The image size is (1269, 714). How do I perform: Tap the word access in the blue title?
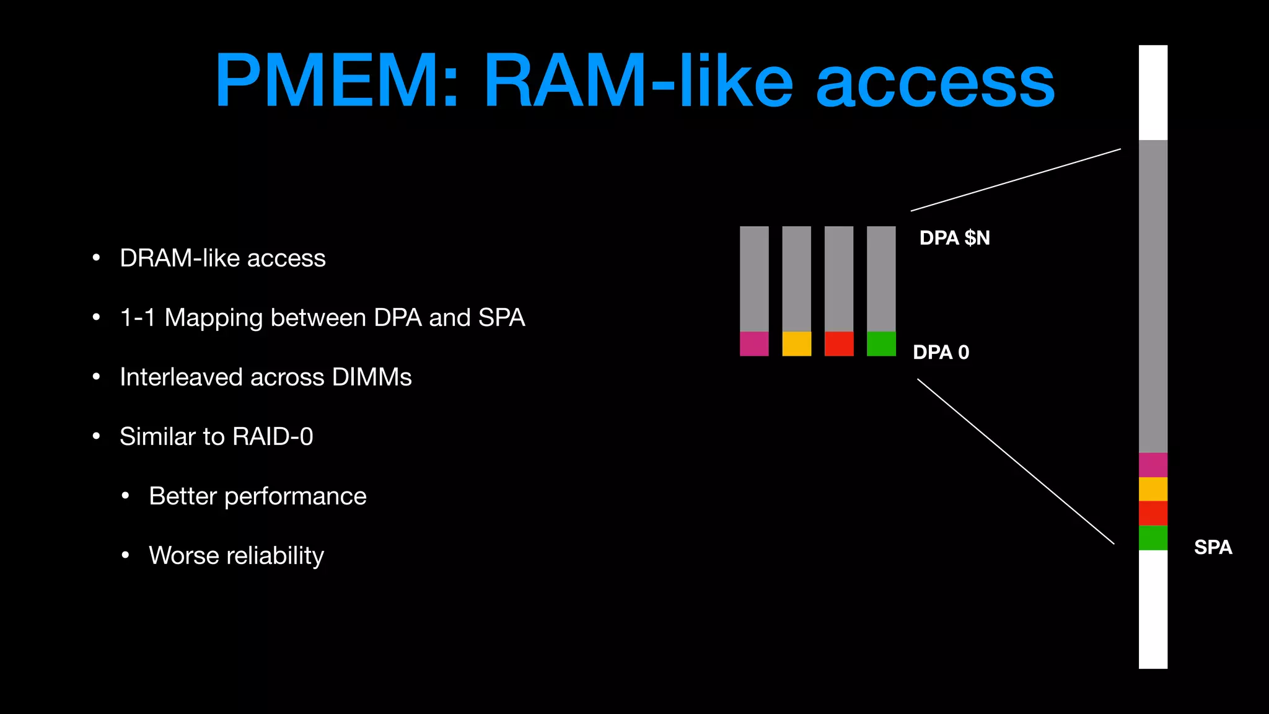click(x=935, y=83)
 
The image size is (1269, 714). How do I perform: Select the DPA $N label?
click(x=954, y=238)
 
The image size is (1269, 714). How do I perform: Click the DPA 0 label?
click(x=941, y=353)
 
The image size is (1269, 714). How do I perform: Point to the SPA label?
click(x=1213, y=547)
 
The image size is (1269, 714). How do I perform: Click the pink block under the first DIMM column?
click(x=754, y=344)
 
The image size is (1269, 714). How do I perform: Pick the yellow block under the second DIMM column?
click(x=796, y=344)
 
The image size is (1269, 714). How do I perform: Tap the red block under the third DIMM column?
click(x=839, y=344)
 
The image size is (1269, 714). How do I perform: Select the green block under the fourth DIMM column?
click(x=881, y=344)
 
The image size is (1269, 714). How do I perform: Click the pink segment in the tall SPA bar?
click(x=1153, y=465)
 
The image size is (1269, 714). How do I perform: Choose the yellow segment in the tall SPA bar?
click(x=1153, y=489)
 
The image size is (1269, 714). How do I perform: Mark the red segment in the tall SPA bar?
click(x=1153, y=513)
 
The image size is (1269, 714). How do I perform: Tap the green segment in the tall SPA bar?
click(x=1153, y=537)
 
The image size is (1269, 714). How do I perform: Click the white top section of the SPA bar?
click(x=1153, y=93)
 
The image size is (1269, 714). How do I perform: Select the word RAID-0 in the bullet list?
click(x=273, y=437)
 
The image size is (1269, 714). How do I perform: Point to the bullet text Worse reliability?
click(x=236, y=556)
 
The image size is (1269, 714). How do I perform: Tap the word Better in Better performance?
click(x=183, y=496)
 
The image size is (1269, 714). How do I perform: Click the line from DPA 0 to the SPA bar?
click(x=1016, y=462)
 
